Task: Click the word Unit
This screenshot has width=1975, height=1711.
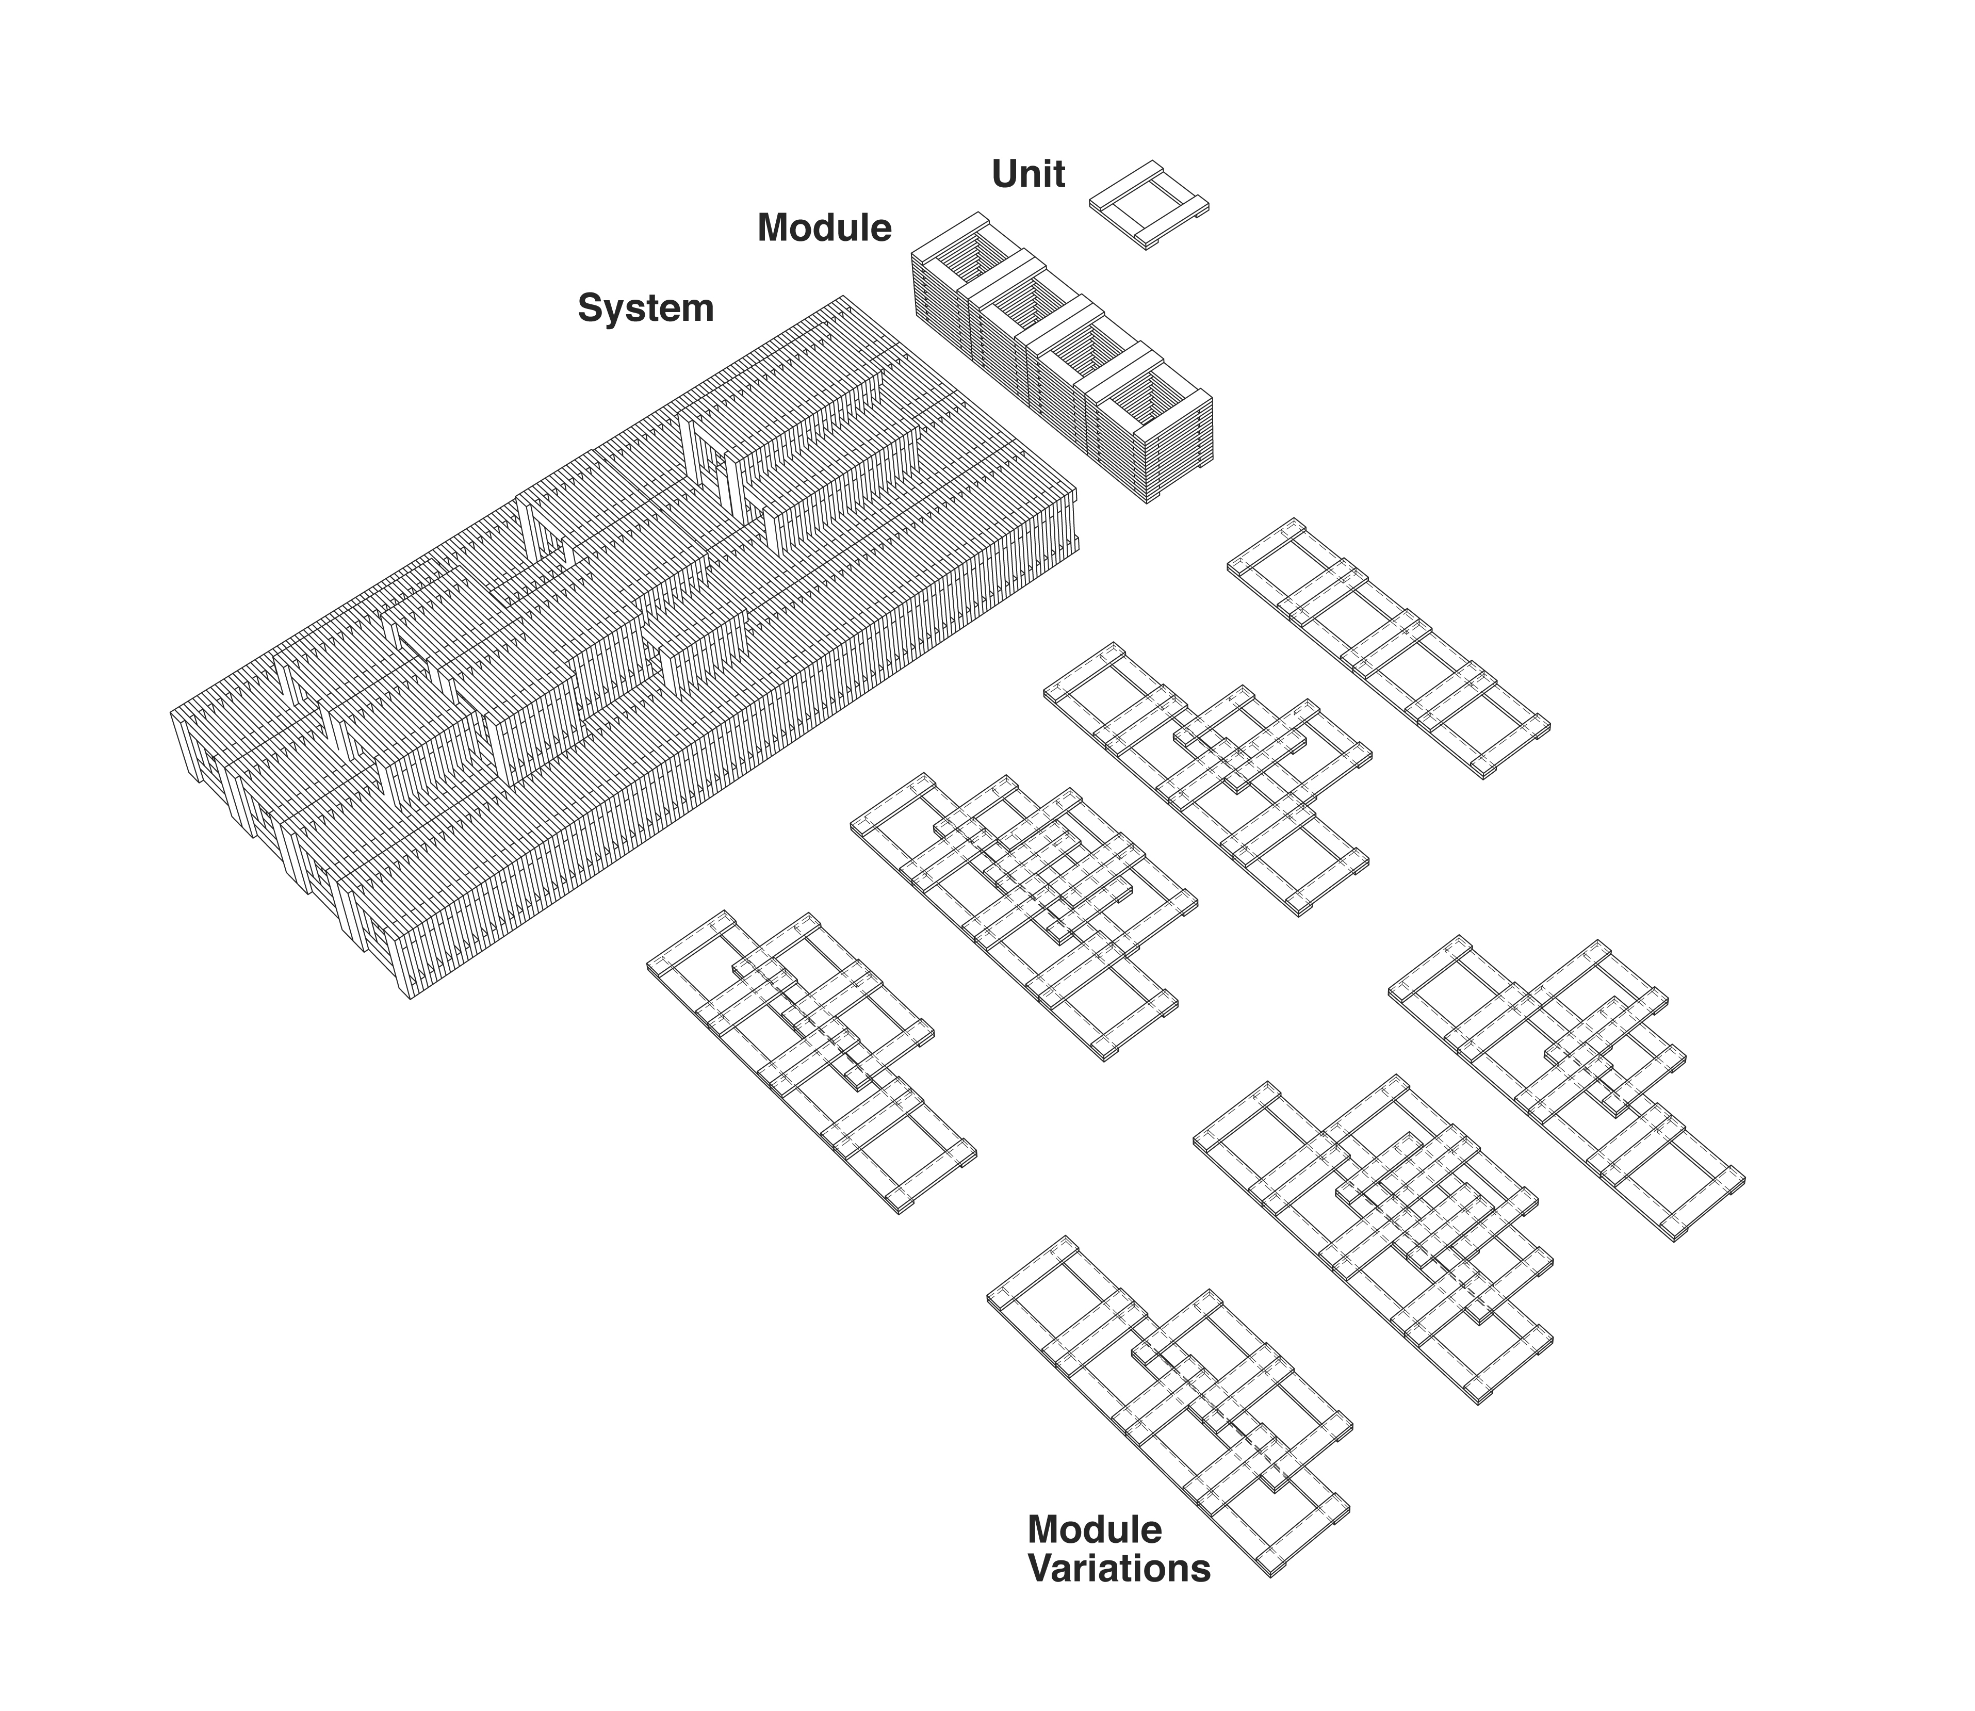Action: pos(1028,174)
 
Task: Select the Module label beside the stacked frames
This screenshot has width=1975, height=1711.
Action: pos(824,228)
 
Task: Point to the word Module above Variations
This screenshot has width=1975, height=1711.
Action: pos(1095,1556)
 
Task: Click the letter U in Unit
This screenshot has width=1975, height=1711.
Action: pos(1003,174)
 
